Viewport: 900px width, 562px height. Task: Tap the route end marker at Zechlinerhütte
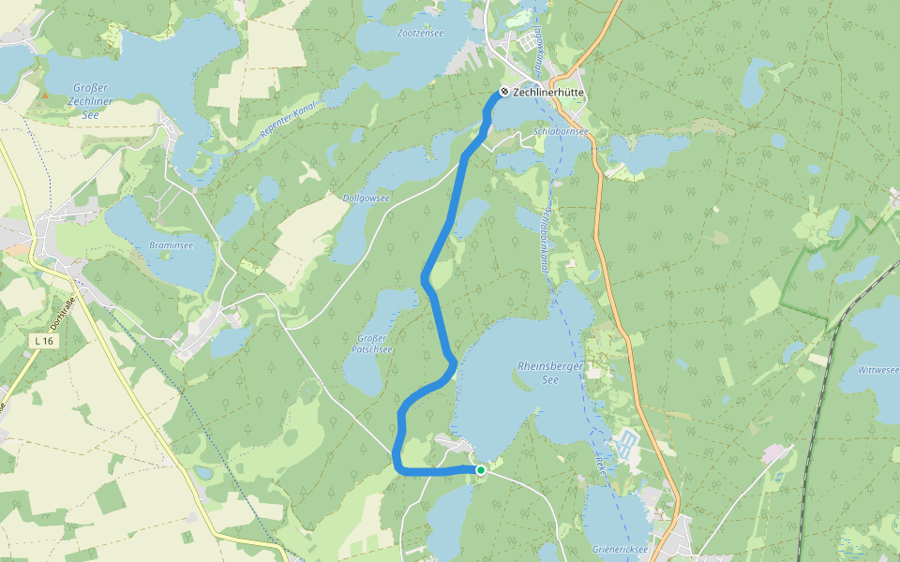click(x=504, y=92)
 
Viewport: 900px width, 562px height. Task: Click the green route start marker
click(x=481, y=470)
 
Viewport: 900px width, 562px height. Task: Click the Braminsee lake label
click(x=172, y=244)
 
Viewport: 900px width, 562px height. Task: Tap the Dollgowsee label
click(x=366, y=199)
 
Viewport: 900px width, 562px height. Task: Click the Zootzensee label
click(x=420, y=33)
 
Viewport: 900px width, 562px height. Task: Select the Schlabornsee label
click(x=561, y=132)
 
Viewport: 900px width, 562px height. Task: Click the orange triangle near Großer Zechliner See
click(x=44, y=95)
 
